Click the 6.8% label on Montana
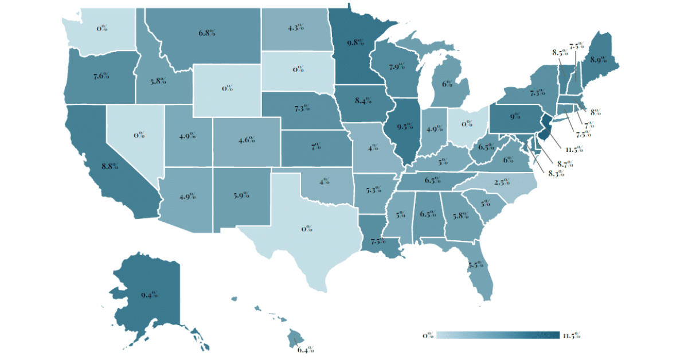(207, 33)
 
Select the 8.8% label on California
(110, 166)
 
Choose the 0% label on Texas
(307, 229)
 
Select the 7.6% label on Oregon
(100, 76)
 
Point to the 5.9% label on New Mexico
(241, 195)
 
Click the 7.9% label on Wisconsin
(397, 68)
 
